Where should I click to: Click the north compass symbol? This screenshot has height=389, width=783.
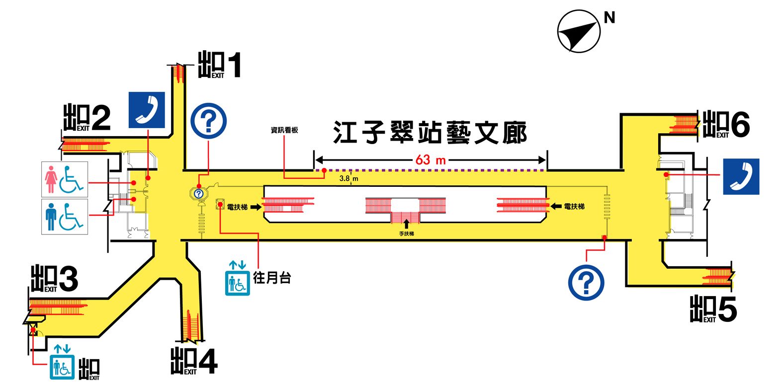click(x=579, y=31)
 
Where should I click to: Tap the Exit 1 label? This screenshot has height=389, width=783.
click(x=220, y=65)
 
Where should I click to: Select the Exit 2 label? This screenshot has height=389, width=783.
click(x=87, y=118)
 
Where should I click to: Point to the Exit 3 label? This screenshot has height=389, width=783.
click(x=54, y=279)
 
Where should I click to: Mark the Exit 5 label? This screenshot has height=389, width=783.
click(x=713, y=309)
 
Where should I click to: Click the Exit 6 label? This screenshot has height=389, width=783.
click(x=726, y=124)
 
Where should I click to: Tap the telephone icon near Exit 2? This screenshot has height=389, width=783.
click(x=147, y=110)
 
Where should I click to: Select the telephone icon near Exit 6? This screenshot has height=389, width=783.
click(x=741, y=176)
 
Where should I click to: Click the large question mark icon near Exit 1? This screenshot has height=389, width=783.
click(x=209, y=121)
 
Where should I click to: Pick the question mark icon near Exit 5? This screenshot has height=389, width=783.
click(x=586, y=283)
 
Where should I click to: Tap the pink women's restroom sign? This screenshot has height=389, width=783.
click(x=65, y=179)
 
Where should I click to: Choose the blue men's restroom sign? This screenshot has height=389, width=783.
click(x=65, y=217)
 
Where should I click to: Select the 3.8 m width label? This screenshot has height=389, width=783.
click(x=348, y=178)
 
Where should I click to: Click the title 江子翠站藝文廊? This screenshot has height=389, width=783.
click(x=430, y=133)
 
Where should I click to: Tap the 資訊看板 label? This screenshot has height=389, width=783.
click(x=284, y=130)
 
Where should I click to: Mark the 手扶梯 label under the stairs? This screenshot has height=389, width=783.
click(x=406, y=233)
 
